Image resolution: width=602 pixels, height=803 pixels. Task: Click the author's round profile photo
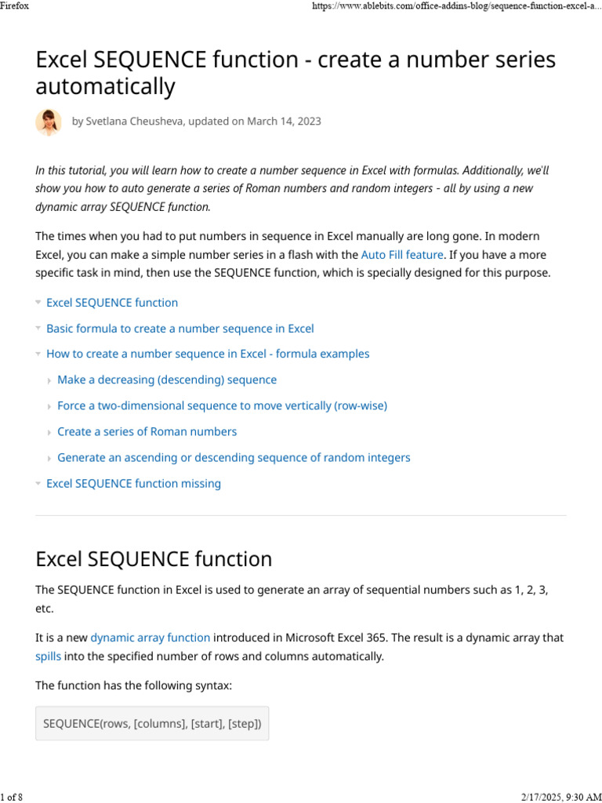coord(49,122)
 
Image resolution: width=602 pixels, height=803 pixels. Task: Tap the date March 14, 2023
coord(284,122)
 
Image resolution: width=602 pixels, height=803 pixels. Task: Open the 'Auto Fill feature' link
coord(402,255)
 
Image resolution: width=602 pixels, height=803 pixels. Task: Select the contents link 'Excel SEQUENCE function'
coord(112,303)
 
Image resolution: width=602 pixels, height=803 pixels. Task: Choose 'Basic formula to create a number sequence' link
coord(180,329)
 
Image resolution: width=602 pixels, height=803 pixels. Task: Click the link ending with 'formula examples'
coord(208,354)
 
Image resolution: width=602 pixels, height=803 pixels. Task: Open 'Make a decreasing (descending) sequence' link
coord(167,380)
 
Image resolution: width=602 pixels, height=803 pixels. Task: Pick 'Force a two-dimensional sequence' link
coord(222,405)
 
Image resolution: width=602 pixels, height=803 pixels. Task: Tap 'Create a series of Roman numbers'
coord(147,431)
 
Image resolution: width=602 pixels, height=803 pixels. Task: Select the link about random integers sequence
coord(234,457)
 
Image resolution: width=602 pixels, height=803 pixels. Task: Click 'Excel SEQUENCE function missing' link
coord(133,483)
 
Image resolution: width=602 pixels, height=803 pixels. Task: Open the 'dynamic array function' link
coord(150,638)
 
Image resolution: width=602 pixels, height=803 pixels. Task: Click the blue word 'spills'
coord(48,656)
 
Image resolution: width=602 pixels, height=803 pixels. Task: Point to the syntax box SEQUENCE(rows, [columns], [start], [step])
coord(152,724)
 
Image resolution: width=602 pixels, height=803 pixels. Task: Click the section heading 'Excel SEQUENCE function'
coord(154,559)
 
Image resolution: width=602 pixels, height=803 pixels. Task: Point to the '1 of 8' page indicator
coord(11,797)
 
